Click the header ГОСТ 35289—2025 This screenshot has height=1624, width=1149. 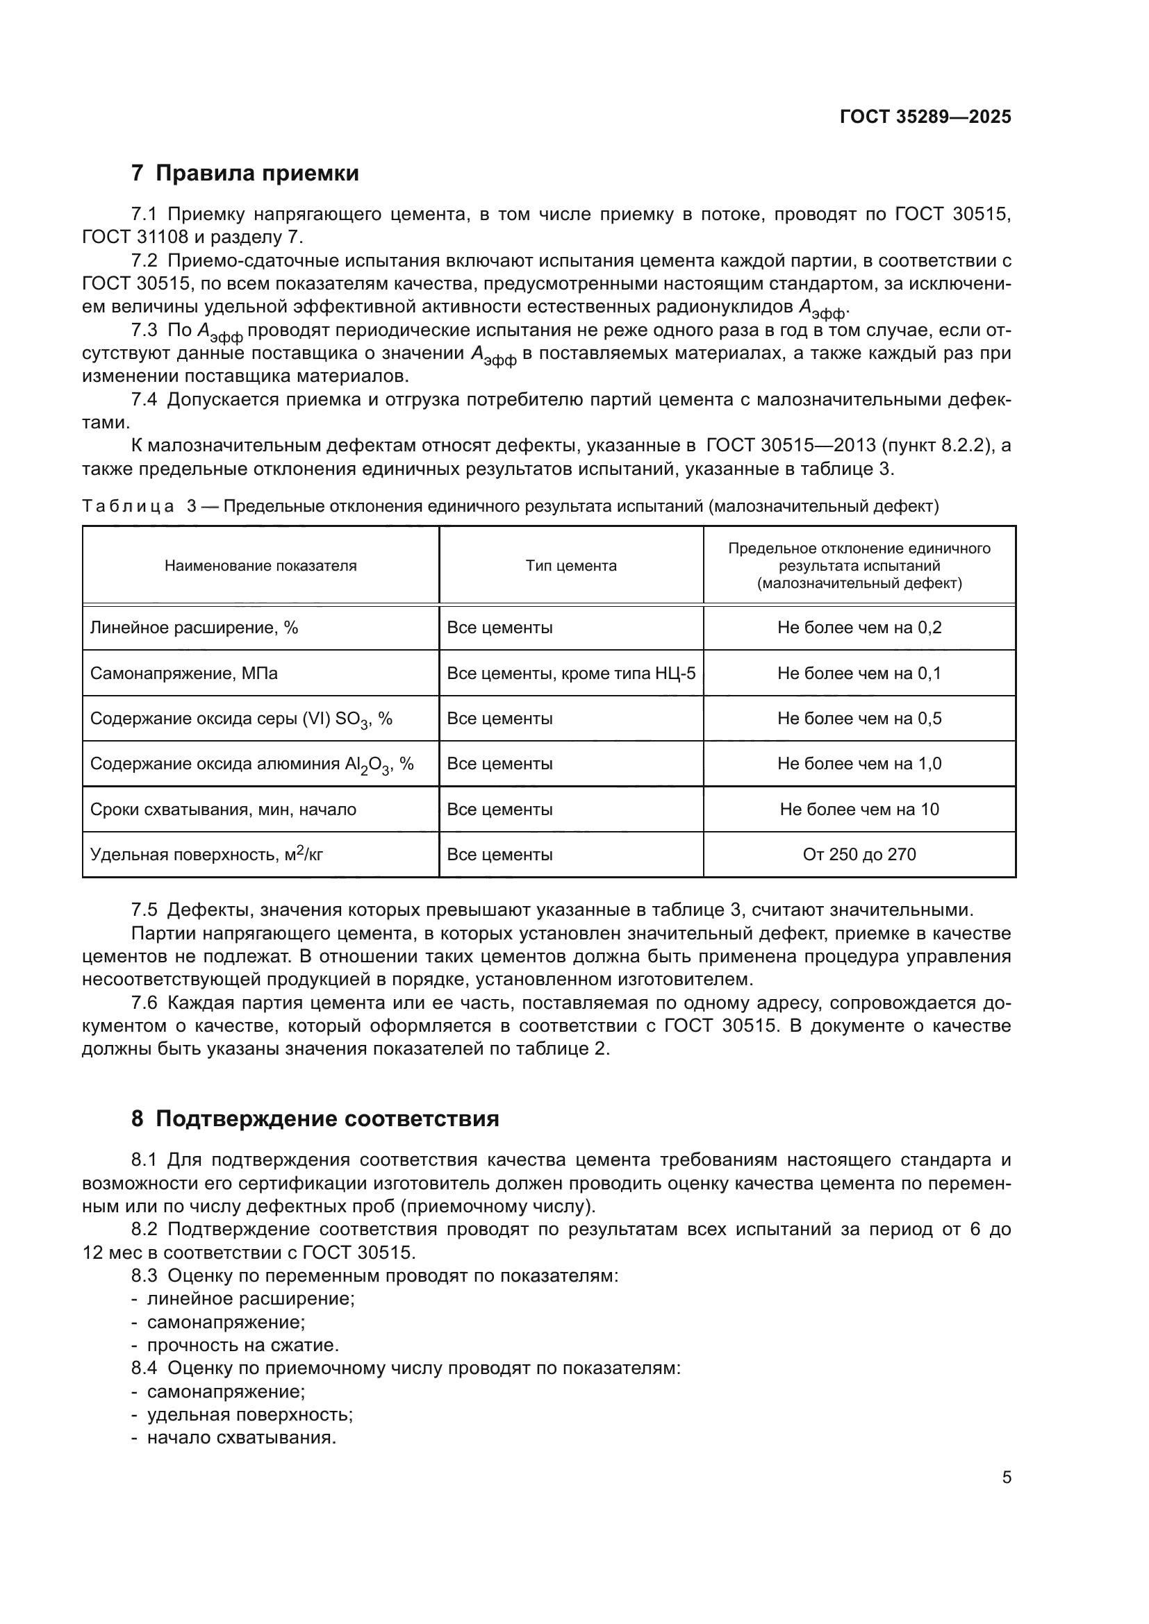coord(925,117)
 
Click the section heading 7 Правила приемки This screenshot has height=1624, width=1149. coord(245,174)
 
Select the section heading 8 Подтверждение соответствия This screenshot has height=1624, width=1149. coord(315,1119)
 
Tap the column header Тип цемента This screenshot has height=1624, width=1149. coord(571,565)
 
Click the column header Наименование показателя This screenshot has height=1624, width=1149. coord(261,565)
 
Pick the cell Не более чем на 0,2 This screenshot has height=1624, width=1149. coord(859,628)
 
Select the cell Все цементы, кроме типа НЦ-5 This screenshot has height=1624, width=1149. coord(571,673)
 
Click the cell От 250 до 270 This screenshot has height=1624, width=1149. coord(859,855)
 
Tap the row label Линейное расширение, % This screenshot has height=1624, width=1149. coord(194,628)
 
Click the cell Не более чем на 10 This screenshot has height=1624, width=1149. coord(859,809)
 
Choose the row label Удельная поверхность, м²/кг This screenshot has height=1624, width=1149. coord(206,855)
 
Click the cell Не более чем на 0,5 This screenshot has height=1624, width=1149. coord(859,719)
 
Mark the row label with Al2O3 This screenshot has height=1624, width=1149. coord(252,764)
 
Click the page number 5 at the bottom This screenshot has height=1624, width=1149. coord(1006,1477)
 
